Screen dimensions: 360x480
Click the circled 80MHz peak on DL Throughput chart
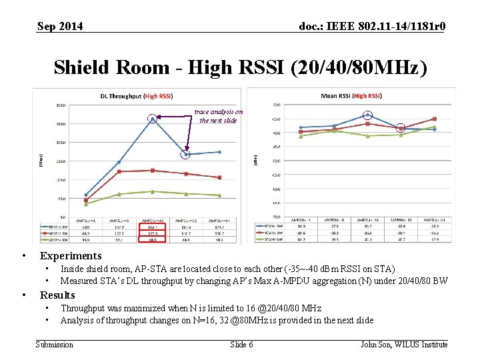tap(153, 119)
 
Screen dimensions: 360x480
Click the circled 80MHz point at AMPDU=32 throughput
tap(186, 155)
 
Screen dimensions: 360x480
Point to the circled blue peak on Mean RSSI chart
tap(367, 115)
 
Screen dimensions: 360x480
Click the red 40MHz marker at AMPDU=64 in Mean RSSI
tap(434, 119)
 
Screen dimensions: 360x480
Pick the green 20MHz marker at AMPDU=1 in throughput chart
tap(86, 203)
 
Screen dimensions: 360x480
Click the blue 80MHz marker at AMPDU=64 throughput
tap(219, 152)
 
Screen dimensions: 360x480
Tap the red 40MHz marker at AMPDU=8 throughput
tap(119, 171)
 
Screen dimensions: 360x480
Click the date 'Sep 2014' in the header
tap(60, 26)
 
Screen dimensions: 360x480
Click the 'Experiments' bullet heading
tap(71, 256)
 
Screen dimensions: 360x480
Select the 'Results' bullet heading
tap(57, 295)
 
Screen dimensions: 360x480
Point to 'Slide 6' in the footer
tap(241, 344)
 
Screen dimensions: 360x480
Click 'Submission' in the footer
tap(54, 344)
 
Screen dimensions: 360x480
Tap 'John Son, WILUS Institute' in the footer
tap(404, 344)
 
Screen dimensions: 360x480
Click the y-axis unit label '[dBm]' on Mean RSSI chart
tap(255, 160)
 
